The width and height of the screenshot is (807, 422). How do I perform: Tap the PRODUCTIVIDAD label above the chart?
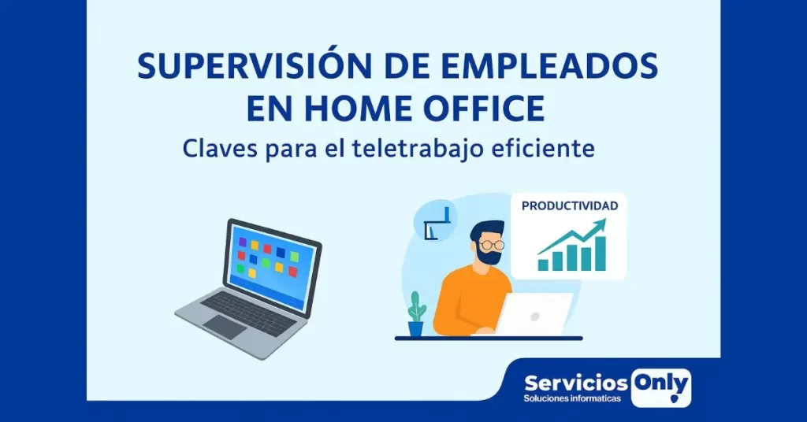[570, 206]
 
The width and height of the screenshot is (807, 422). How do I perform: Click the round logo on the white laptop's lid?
[535, 316]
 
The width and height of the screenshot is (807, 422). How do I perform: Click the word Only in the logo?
[660, 384]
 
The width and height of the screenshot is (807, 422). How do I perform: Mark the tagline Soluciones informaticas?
[572, 399]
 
